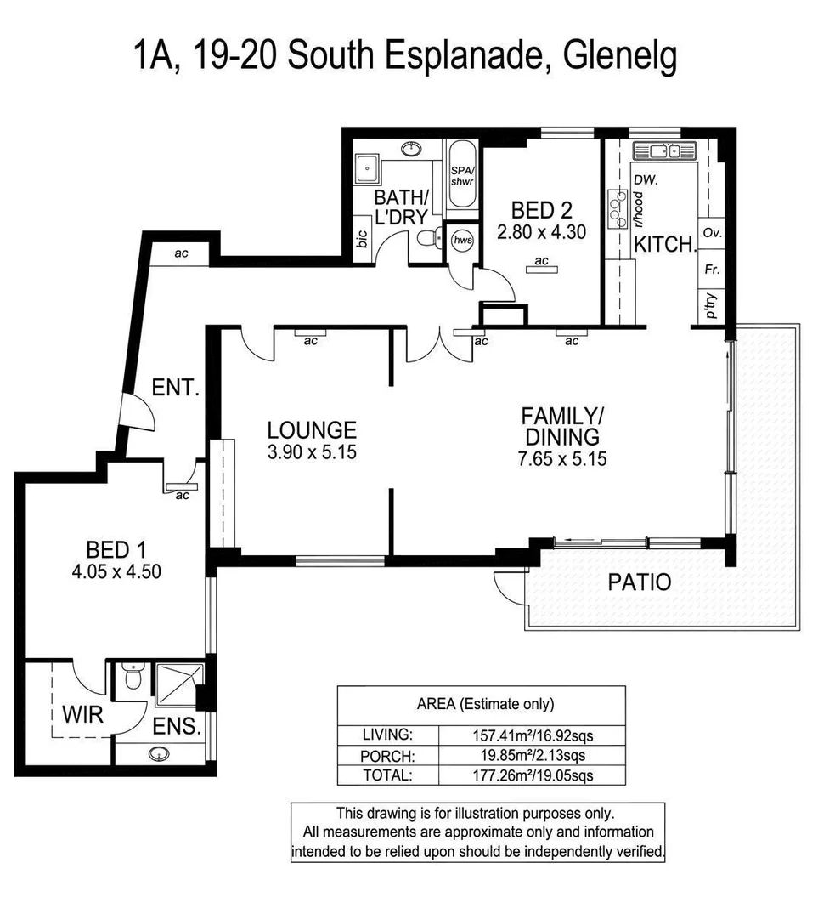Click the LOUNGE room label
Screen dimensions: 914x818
click(x=311, y=430)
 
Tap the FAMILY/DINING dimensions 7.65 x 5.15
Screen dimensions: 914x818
click(x=562, y=460)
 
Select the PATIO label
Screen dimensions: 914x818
click(x=640, y=583)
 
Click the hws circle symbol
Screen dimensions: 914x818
click(x=463, y=241)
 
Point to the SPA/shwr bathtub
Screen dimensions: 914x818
click(x=463, y=184)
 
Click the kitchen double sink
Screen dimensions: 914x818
click(x=663, y=151)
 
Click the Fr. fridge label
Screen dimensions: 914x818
click(x=712, y=270)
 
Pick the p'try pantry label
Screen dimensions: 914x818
click(x=712, y=305)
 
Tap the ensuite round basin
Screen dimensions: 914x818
click(x=158, y=753)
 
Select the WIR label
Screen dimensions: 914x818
click(x=82, y=714)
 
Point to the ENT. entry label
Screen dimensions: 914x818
click(x=176, y=389)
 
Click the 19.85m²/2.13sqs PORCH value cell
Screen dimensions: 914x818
click(x=532, y=754)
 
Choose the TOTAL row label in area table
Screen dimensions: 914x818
click(x=387, y=775)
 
